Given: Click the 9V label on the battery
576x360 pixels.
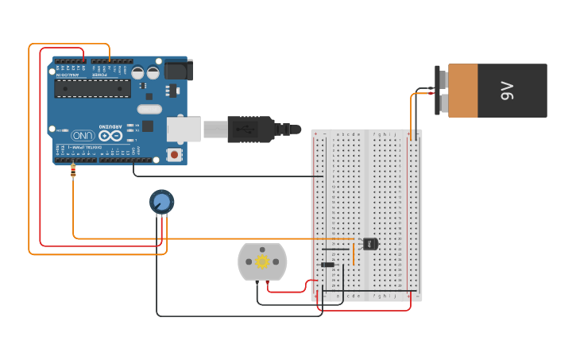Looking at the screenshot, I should (x=507, y=91).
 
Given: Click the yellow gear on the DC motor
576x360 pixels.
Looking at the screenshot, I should (x=261, y=261).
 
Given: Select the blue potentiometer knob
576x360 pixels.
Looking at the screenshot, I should (x=161, y=202).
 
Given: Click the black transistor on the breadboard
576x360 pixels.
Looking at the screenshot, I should (x=370, y=244).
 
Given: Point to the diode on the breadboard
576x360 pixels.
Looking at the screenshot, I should (x=327, y=265).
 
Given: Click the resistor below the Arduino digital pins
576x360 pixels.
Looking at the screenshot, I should (x=74, y=170).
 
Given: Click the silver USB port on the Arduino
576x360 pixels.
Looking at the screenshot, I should (x=182, y=127).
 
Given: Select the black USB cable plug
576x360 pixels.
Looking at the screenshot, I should (x=250, y=128).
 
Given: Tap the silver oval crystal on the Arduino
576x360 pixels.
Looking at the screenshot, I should (x=149, y=109).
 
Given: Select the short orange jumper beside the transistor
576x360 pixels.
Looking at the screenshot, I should (x=353, y=250).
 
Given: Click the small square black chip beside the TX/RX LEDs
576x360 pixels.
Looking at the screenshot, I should (x=148, y=126).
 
